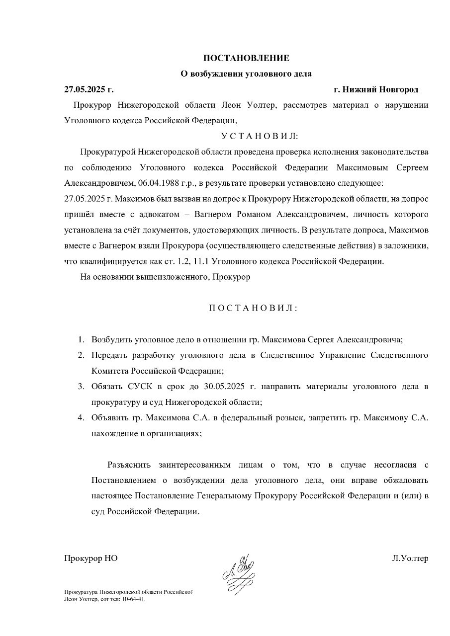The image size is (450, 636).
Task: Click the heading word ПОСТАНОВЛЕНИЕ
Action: click(x=246, y=58)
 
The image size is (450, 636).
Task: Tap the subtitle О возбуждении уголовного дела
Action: click(x=246, y=74)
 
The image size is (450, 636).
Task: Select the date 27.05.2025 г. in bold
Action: click(x=89, y=89)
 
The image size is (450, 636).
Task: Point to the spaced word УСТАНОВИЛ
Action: click(x=259, y=136)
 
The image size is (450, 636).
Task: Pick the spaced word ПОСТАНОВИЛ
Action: click(x=253, y=308)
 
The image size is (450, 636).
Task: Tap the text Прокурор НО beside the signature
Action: click(x=90, y=558)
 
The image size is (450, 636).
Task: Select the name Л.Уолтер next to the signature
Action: click(x=410, y=558)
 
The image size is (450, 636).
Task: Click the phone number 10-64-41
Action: click(x=134, y=599)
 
